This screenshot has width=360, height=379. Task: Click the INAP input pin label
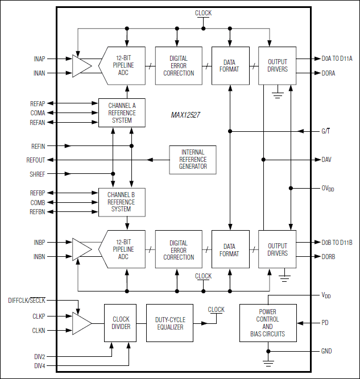(39, 59)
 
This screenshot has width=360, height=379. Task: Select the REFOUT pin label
(35, 160)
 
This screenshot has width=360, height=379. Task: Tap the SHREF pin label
(37, 174)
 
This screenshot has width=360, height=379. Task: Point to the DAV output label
(326, 160)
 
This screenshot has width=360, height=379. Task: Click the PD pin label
(325, 323)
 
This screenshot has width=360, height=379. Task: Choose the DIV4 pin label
(39, 365)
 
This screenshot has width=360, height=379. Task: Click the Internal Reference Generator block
(193, 160)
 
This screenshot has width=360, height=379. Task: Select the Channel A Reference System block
(122, 112)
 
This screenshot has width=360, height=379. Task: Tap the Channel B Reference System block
(122, 202)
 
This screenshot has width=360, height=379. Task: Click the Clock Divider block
(121, 323)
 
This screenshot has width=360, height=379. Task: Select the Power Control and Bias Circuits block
(267, 323)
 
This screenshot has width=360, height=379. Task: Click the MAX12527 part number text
(185, 115)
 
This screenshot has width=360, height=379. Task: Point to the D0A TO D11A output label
(337, 59)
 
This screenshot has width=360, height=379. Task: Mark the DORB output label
(328, 256)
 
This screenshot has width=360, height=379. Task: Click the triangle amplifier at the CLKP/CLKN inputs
(82, 323)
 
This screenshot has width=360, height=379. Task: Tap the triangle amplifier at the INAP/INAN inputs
(81, 65)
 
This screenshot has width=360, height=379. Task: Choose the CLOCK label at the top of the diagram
(203, 13)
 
